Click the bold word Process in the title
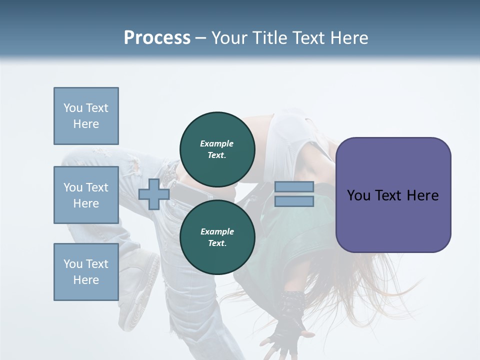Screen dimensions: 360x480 [x=157, y=38]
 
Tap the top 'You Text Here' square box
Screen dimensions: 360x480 [x=86, y=116]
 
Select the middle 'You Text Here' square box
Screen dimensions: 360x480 [x=86, y=195]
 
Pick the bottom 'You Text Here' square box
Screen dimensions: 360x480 [x=86, y=272]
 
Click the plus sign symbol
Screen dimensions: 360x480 [x=153, y=194]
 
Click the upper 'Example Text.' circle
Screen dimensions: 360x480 [x=217, y=149]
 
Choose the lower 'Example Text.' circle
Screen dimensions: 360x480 [x=217, y=237]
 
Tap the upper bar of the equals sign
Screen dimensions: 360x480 [x=294, y=186]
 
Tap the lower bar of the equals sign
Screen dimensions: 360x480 [x=294, y=201]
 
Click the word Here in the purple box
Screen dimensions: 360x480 [x=422, y=195]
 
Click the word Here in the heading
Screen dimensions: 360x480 [x=349, y=38]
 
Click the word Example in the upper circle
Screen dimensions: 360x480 [x=217, y=143]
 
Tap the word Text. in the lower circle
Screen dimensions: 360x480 [x=217, y=243]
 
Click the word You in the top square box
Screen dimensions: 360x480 [x=73, y=108]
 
